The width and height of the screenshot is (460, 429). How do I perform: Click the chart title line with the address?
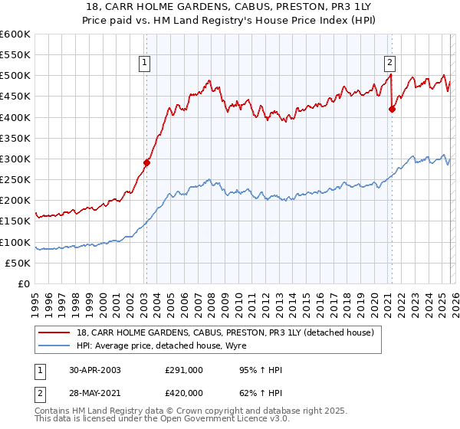click(229, 7)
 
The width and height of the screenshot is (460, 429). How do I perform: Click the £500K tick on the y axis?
click(15, 76)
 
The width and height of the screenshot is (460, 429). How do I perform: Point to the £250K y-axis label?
click(15, 180)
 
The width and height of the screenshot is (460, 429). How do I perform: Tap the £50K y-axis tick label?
click(18, 263)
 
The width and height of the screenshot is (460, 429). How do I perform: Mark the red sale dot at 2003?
click(147, 162)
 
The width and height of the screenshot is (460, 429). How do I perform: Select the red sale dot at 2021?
click(392, 109)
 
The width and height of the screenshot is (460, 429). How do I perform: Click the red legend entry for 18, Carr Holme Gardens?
click(225, 332)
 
